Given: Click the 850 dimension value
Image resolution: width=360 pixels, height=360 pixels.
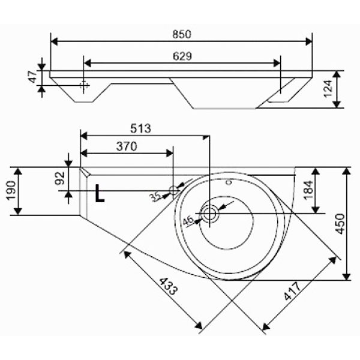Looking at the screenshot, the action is [182, 34].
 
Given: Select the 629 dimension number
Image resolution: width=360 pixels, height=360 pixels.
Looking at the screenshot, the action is [182, 56].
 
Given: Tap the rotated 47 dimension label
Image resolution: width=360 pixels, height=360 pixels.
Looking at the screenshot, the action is [33, 77].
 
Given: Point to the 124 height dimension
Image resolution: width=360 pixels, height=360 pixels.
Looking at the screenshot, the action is [328, 89].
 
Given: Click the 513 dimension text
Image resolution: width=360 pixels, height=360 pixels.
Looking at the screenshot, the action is [141, 128].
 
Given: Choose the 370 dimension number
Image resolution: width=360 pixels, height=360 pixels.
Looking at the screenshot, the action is [127, 146].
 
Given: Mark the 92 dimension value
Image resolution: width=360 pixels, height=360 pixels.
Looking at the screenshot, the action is [61, 178].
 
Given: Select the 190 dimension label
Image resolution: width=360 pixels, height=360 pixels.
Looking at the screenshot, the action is [12, 191].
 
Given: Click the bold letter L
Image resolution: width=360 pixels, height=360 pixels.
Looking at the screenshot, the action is [100, 193].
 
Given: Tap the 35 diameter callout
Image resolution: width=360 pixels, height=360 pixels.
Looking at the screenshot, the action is [155, 197].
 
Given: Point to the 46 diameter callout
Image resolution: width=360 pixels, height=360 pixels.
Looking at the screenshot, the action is [188, 221].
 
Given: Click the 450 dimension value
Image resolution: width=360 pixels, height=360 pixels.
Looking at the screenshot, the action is [340, 224].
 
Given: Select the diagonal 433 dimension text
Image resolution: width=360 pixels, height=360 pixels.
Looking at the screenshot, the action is [169, 286].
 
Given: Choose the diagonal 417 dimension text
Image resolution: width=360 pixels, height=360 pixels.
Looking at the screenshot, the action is [292, 291].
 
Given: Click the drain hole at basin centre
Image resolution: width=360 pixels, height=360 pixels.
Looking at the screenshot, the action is [209, 213].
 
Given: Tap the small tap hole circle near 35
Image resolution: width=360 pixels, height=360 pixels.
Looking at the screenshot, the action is [174, 191].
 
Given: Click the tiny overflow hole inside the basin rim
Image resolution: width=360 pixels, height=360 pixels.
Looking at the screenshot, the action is [229, 182].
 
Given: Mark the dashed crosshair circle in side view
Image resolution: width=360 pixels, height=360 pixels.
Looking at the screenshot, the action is [84, 85].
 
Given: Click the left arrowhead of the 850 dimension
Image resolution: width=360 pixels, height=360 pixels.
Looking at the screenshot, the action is [54, 42].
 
